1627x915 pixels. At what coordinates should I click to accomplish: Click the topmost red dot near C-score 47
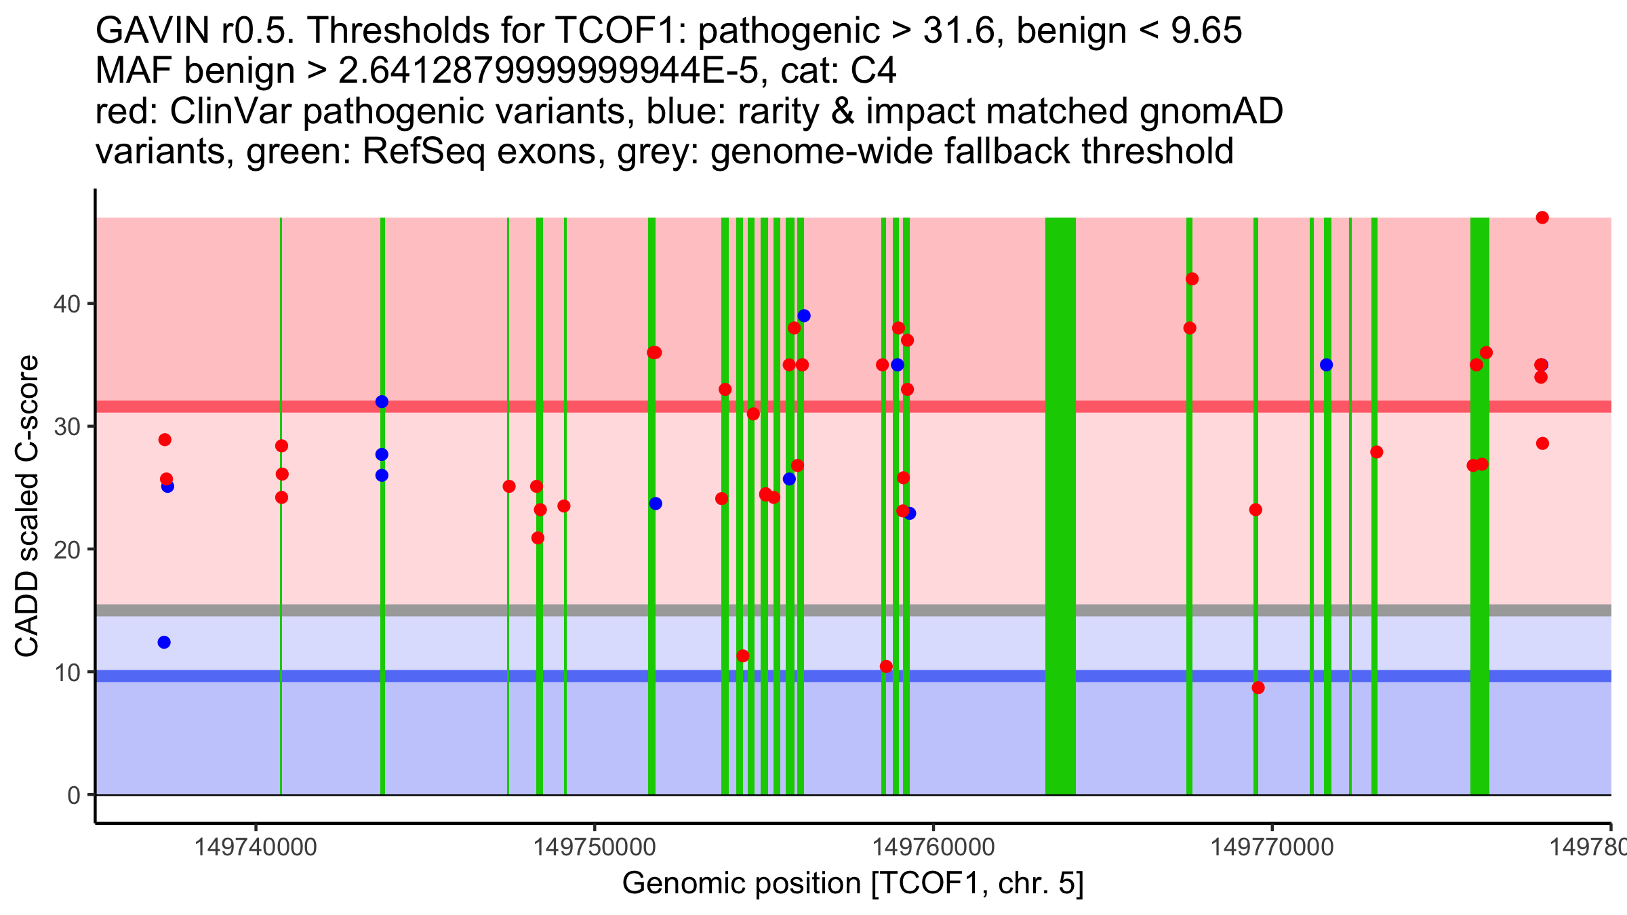point(1542,218)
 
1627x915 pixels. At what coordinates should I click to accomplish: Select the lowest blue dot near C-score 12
point(164,642)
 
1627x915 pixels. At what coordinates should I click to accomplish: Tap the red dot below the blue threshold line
point(1258,687)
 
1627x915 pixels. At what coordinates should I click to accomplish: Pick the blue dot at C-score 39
point(804,316)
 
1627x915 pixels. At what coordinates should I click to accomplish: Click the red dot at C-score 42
point(1192,279)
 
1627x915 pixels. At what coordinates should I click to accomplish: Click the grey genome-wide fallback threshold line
point(475,610)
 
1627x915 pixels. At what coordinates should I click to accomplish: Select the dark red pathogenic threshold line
point(475,406)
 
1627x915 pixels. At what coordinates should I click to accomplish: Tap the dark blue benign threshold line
point(475,676)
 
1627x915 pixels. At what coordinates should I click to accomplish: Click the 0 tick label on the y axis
point(73,795)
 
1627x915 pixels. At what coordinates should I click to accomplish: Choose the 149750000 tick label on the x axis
point(595,847)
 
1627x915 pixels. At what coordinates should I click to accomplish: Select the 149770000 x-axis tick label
point(1272,847)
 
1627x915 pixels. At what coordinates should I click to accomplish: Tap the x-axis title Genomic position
point(853,884)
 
